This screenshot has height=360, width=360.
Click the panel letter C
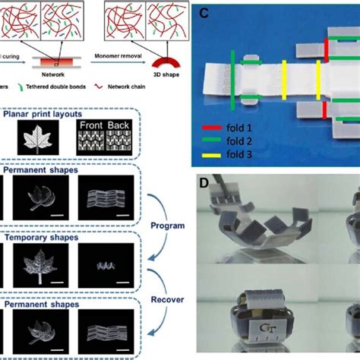point(204,12)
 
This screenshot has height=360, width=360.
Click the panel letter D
point(204,183)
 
